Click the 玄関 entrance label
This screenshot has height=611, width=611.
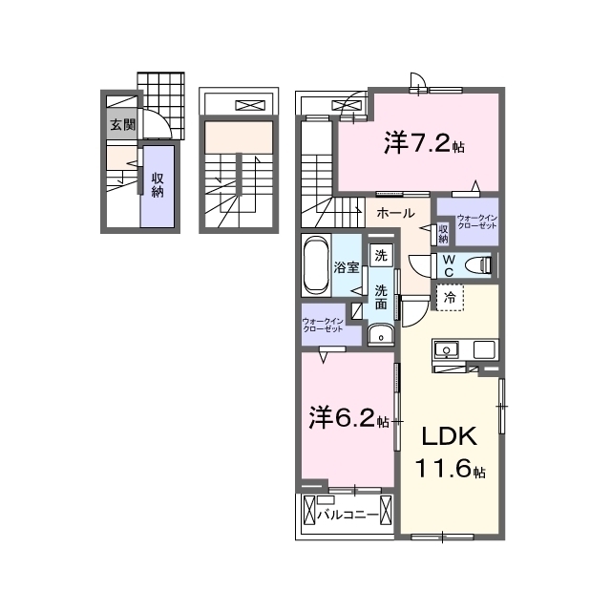[x=123, y=125]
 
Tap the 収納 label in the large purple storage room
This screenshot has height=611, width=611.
[x=158, y=185]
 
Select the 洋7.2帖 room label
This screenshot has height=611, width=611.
[x=424, y=143]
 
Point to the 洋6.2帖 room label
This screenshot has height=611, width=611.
[x=348, y=417]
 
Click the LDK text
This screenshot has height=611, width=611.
[x=450, y=436]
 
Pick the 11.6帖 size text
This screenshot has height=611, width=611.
[x=450, y=468]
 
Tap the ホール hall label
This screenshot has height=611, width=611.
[x=395, y=213]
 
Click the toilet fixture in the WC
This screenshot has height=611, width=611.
[x=479, y=265]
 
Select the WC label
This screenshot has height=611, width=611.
[x=449, y=265]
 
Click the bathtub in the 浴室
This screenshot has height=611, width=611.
[x=316, y=265]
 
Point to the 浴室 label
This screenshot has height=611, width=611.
[x=346, y=267]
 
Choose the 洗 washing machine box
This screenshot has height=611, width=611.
[x=381, y=255]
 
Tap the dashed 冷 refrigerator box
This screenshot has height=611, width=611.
[x=450, y=298]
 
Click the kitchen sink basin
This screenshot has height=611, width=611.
[x=447, y=349]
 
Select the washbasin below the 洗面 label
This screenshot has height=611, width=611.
[x=381, y=335]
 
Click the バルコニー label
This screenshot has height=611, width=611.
[x=348, y=516]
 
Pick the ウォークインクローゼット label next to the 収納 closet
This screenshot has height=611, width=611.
[x=477, y=221]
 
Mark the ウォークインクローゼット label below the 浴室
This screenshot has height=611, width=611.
[x=323, y=325]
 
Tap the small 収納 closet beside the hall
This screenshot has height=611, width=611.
[x=443, y=233]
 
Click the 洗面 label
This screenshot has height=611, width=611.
[x=381, y=298]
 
